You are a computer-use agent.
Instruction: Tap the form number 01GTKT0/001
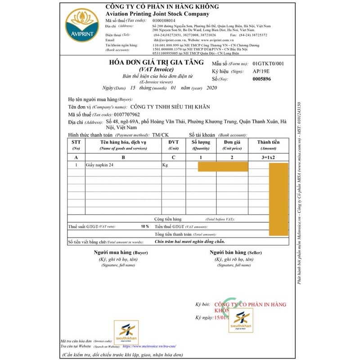tap(268, 64)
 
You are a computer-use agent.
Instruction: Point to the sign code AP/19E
tap(261, 72)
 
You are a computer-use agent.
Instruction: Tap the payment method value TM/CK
tap(161, 135)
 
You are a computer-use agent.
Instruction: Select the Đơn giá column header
tap(232, 142)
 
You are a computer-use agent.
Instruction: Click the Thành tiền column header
tap(268, 142)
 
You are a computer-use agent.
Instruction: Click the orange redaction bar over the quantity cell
tap(223, 167)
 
